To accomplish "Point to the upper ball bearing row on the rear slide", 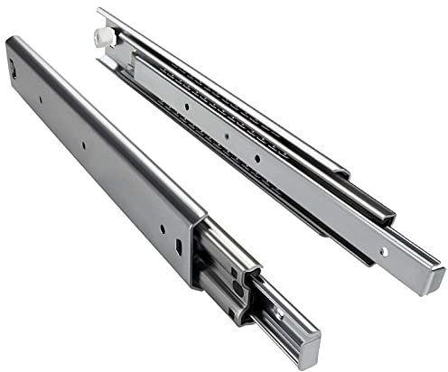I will pyautogui.click(x=217, y=100).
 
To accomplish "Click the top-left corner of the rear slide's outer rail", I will pyautogui.click(x=100, y=12).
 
